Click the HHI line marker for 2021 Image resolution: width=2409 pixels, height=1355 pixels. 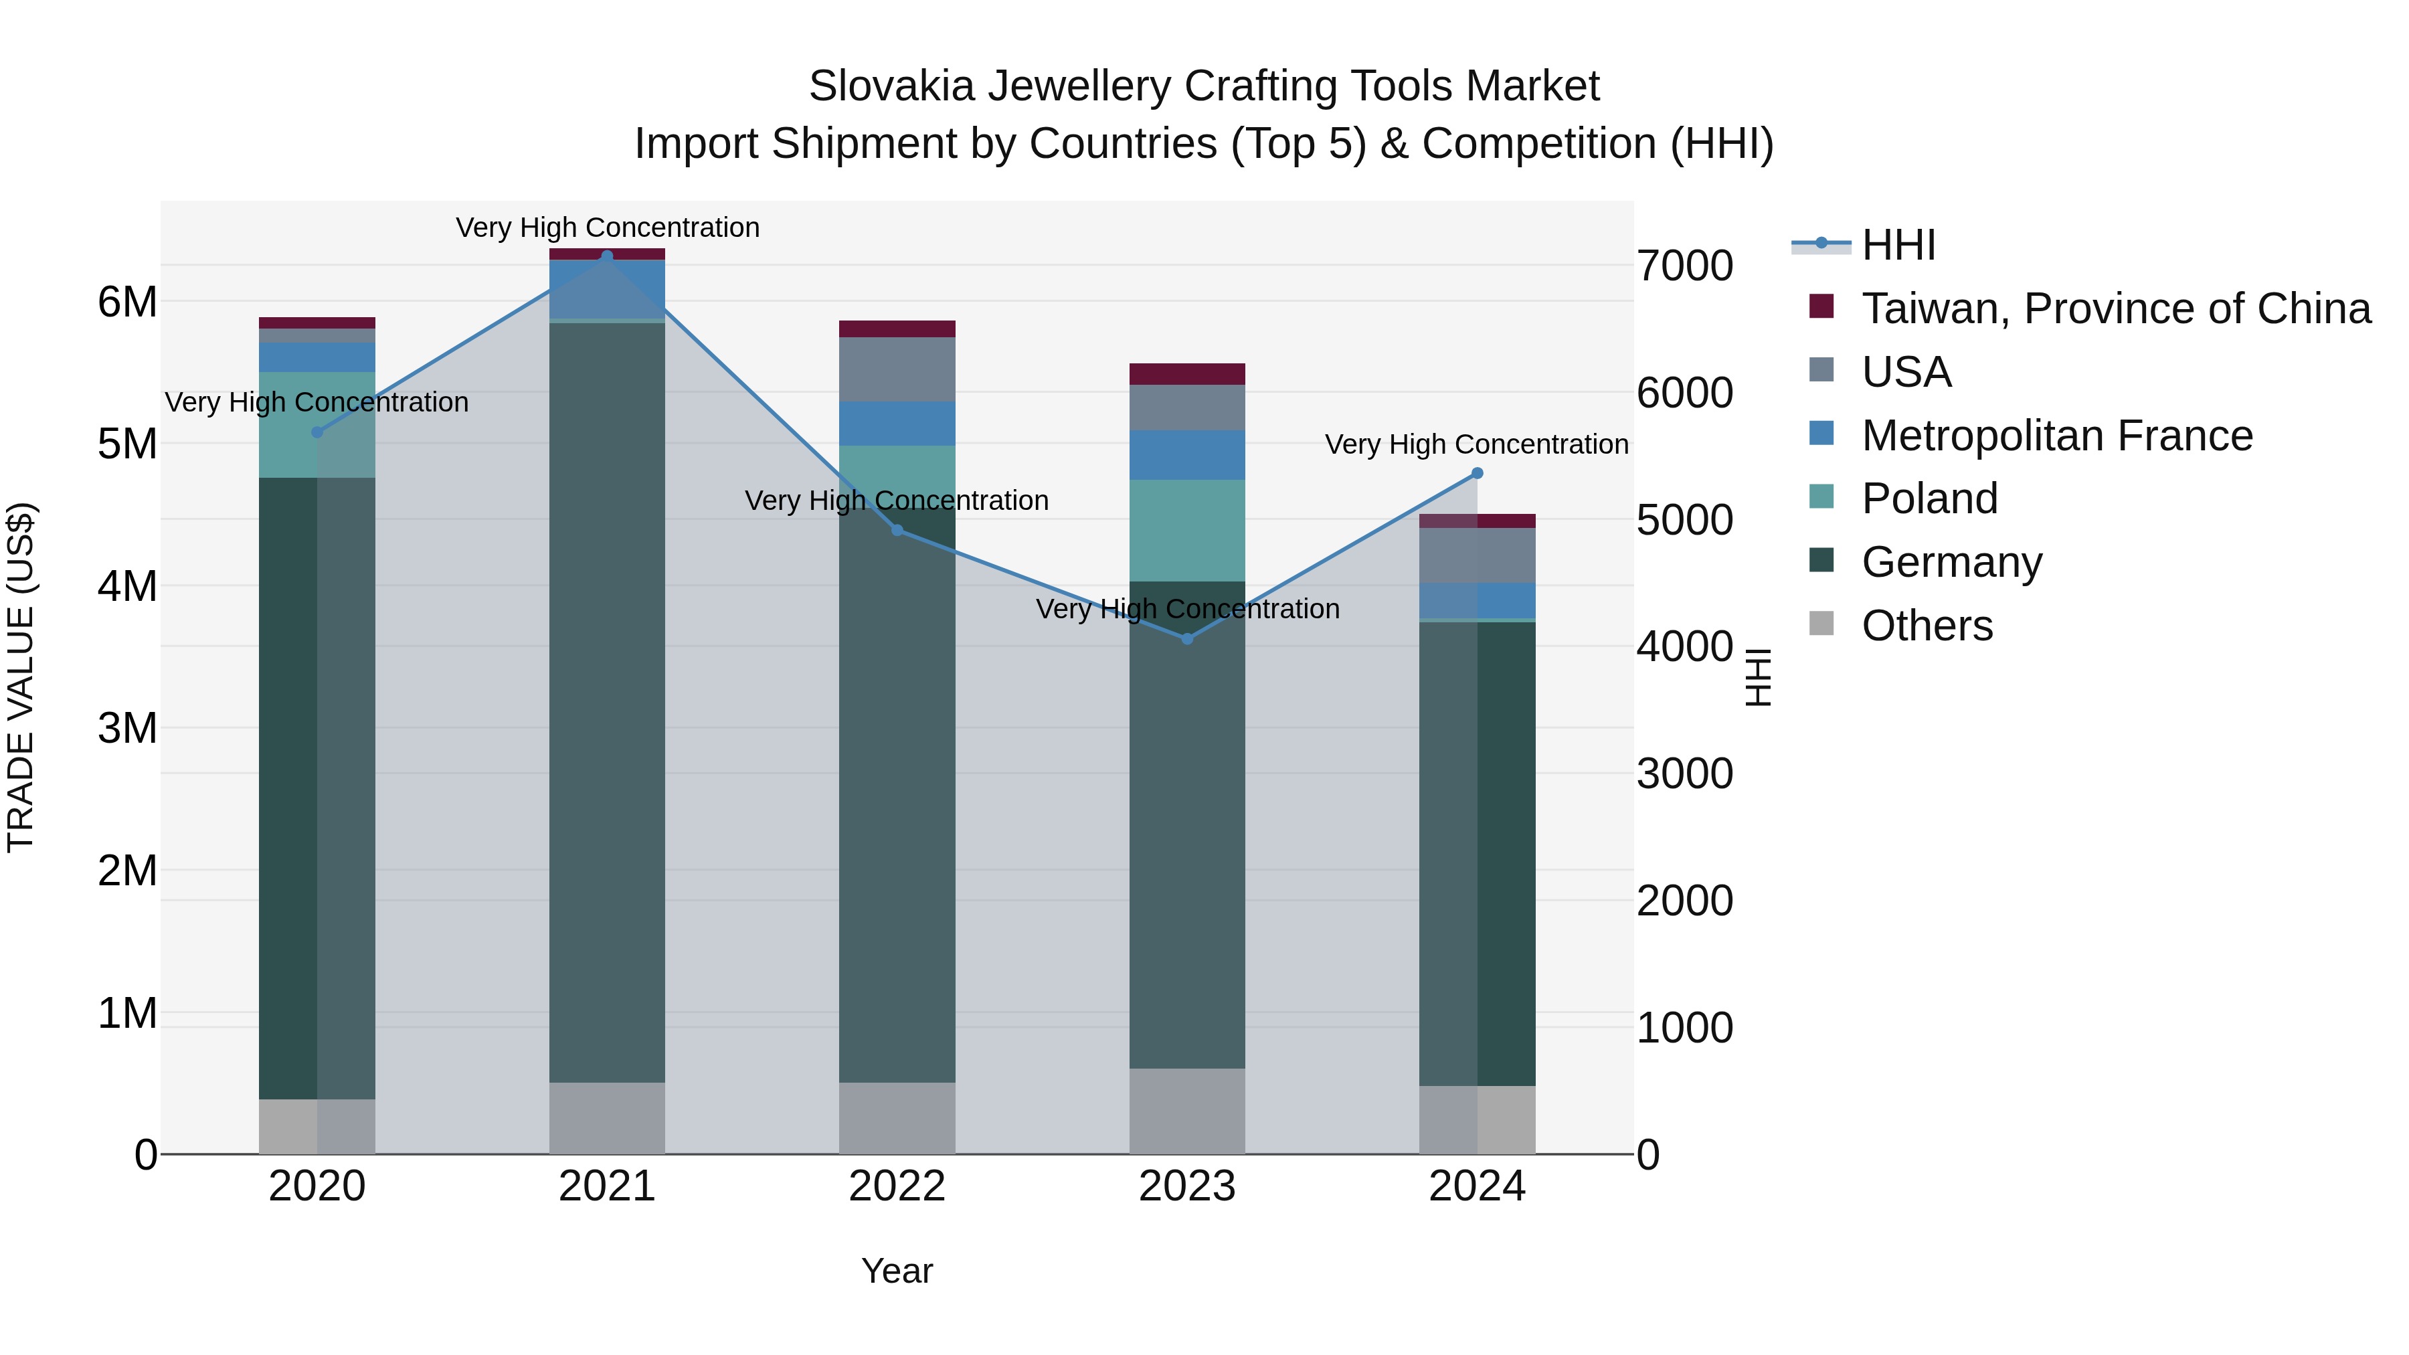(607, 256)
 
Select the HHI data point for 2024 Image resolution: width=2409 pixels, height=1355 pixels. (1477, 473)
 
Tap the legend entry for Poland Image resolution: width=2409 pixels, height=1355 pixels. (1929, 499)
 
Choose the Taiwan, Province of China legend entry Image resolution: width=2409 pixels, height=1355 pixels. (2115, 308)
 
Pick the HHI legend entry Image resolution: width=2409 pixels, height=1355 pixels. (1898, 245)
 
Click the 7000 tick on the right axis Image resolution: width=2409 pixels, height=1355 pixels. (1684, 266)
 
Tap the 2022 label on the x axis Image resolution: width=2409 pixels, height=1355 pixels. (897, 1186)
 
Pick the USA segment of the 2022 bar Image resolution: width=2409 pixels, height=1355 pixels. (897, 369)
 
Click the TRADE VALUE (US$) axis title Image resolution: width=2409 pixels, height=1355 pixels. (21, 677)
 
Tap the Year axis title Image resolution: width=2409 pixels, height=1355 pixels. (897, 1271)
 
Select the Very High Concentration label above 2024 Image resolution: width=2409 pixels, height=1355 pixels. (1477, 444)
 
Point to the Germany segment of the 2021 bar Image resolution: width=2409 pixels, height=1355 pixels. (607, 701)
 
